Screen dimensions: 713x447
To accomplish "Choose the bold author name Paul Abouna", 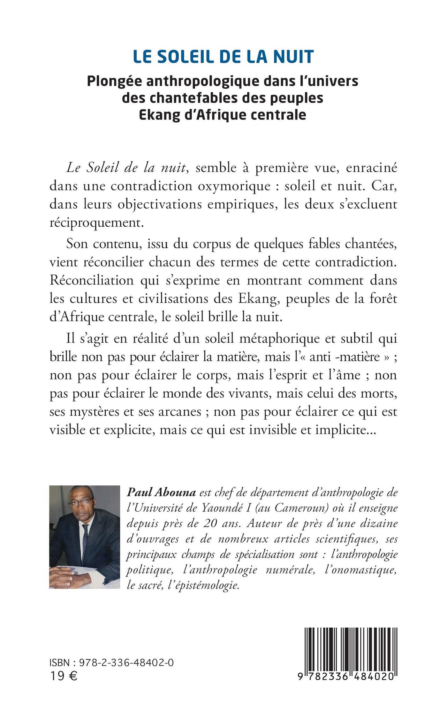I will click(161, 492).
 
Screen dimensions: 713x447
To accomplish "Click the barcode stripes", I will click(351, 648).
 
